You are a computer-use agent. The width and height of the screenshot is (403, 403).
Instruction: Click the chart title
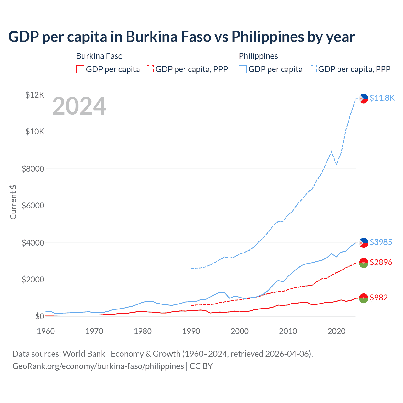tap(181, 37)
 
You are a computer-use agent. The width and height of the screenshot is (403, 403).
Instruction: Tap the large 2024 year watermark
tap(79, 106)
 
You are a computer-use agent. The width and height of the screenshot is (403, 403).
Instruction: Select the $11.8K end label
tap(382, 98)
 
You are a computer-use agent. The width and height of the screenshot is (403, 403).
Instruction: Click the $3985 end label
tap(381, 242)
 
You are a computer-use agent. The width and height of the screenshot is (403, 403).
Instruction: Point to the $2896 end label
tap(381, 262)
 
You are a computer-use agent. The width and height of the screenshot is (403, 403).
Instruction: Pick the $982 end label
tap(378, 298)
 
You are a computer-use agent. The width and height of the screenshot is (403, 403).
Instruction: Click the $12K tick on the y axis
tap(35, 95)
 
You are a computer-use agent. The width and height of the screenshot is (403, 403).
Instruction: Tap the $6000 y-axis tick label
tap(33, 206)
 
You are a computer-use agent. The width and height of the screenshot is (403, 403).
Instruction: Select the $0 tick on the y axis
tap(39, 316)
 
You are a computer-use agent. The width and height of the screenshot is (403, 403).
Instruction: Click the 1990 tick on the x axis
tap(191, 331)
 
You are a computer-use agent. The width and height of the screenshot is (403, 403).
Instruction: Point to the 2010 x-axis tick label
tap(288, 331)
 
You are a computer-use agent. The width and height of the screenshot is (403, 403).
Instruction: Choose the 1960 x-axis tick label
tap(46, 331)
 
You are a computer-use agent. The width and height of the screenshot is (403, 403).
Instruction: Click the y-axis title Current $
tap(13, 202)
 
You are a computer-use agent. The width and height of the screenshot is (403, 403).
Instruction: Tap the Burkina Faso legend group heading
tap(99, 56)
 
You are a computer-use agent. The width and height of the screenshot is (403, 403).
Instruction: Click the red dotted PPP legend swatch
tap(150, 69)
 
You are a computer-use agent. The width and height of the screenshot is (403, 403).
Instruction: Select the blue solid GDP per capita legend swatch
tap(243, 69)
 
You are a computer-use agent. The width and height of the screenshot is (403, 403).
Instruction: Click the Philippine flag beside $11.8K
tap(364, 99)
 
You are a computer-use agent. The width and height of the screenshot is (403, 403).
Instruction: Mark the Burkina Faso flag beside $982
tap(364, 298)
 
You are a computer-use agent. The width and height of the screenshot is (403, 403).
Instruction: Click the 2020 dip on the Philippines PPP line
tap(336, 164)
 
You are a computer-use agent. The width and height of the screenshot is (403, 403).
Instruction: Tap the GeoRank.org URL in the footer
tap(98, 366)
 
